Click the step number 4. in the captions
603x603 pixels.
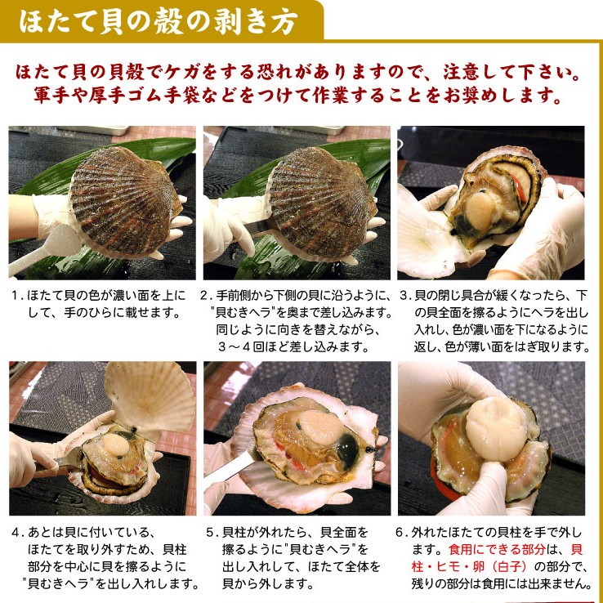[17, 531]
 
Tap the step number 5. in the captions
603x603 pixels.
[212, 531]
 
